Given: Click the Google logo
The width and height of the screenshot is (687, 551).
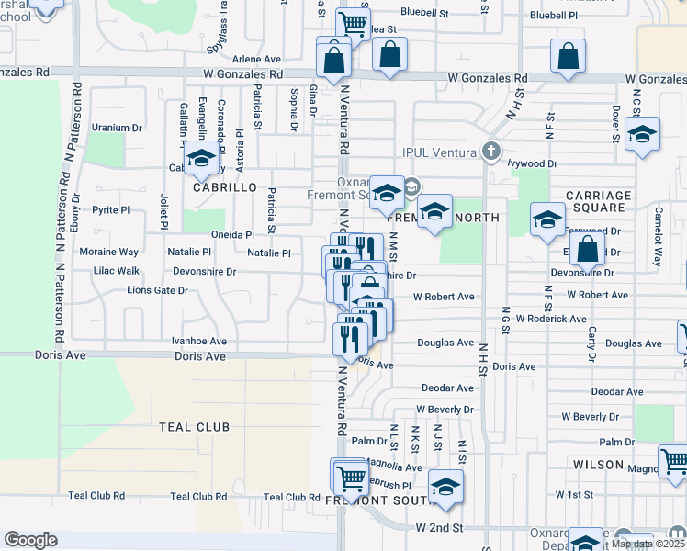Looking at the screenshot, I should point(31,540).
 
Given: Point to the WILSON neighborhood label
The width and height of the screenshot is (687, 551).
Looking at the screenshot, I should point(598,465).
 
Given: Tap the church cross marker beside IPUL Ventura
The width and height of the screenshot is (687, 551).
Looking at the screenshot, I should point(491,151).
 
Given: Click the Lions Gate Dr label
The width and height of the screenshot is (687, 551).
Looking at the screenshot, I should point(157,290).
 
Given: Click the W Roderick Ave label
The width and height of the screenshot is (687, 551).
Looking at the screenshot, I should point(551,319).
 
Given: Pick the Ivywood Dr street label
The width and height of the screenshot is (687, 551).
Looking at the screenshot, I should point(534,163).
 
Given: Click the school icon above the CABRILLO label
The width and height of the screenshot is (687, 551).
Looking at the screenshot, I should point(201,159).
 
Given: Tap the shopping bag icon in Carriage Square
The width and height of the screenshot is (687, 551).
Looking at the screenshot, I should point(587,248).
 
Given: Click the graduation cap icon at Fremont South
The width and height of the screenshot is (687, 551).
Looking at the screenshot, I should point(445,487).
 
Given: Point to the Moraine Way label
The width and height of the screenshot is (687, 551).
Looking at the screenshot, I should point(109,252).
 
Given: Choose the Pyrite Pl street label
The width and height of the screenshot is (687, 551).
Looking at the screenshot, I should point(111,209).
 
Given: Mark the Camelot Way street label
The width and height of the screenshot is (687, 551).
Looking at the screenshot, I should point(658,248).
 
